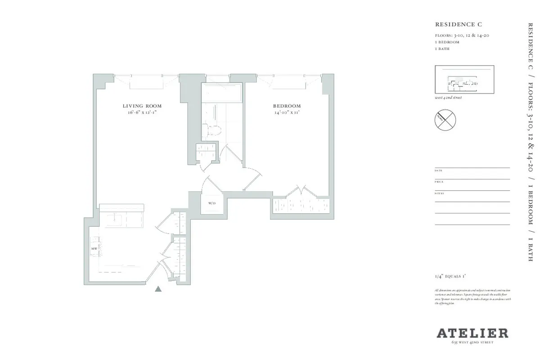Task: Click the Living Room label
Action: coord(142,106)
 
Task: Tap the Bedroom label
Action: coord(287,106)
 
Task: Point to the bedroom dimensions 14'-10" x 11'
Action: coord(287,112)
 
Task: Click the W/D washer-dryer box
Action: coord(212,204)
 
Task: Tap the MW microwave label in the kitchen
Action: coord(94,248)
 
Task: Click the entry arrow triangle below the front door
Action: coord(158,289)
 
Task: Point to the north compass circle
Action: coord(445,120)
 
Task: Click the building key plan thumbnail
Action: coord(464,80)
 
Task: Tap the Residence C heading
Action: coord(453,24)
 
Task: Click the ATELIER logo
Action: coord(472,333)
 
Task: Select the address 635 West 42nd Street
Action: coord(472,342)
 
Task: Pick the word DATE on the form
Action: coord(439,171)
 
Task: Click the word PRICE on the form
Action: coord(439,182)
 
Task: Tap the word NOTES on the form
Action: coord(439,193)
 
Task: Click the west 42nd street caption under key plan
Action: coord(448,98)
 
